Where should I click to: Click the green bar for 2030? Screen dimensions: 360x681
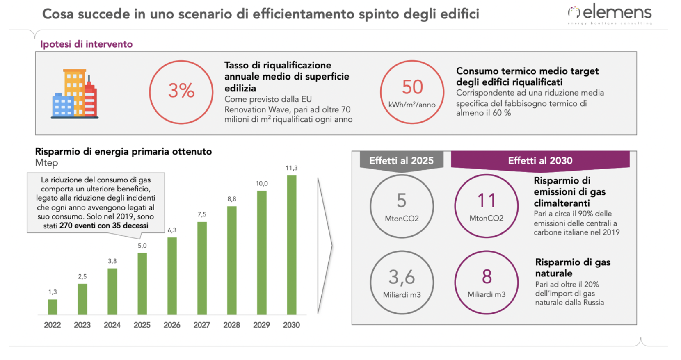tap(291, 245)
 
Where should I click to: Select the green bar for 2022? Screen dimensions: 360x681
tap(53, 307)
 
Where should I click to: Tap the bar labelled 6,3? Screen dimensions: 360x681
tap(172, 276)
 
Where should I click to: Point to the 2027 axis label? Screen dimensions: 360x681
tap(201, 325)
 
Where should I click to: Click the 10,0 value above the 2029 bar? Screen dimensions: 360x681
tap(262, 183)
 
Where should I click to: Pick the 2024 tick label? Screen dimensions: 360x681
tap(112, 325)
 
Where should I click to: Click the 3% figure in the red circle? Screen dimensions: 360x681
tap(181, 91)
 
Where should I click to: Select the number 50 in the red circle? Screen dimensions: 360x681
tap(412, 87)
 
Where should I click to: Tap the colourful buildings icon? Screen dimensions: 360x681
tap(75, 94)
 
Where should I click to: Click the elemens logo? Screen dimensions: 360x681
tap(610, 14)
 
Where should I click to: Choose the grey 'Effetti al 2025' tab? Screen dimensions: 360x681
tap(401, 160)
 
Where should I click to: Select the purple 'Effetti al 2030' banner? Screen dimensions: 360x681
tap(540, 160)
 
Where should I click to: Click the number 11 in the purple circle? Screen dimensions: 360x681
tap(486, 201)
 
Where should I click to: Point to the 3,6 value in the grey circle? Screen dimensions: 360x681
tap(402, 277)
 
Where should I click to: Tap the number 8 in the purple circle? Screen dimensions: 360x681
tap(487, 277)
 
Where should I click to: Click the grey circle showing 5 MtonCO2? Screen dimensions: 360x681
tap(402, 206)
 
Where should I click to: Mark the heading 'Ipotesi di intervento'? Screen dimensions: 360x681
tap(86, 44)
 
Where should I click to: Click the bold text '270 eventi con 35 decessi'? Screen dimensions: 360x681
tap(104, 226)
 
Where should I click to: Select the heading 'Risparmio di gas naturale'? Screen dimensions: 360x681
tap(572, 267)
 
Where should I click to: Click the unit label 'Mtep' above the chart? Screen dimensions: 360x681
tap(46, 163)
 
